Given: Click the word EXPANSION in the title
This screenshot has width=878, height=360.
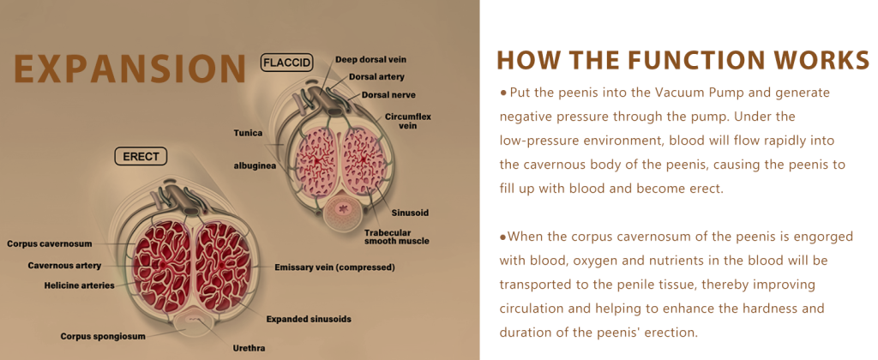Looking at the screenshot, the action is [130, 69].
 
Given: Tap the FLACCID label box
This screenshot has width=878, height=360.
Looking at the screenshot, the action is [286, 63].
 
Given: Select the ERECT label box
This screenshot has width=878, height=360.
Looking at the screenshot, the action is [141, 156].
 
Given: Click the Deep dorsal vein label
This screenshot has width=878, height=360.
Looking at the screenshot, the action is [370, 59].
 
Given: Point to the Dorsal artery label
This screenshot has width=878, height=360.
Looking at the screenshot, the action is [376, 76].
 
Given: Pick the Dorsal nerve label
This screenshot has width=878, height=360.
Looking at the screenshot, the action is [388, 94].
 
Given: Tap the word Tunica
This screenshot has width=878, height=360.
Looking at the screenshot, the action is [248, 133].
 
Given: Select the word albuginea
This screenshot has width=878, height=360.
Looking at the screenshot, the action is [255, 165].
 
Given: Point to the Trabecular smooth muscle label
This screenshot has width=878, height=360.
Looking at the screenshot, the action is [396, 237].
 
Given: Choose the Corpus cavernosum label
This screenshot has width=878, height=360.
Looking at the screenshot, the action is [49, 243].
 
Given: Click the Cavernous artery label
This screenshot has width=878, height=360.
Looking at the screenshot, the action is [64, 265].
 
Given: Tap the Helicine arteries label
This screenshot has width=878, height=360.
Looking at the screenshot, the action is [79, 285].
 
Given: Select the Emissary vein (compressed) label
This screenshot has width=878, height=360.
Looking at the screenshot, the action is [335, 267].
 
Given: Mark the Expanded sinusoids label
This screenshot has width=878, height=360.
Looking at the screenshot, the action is [309, 319].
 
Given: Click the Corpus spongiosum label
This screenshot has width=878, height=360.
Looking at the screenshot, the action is [103, 336].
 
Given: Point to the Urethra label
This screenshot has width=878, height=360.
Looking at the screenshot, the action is [249, 348].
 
